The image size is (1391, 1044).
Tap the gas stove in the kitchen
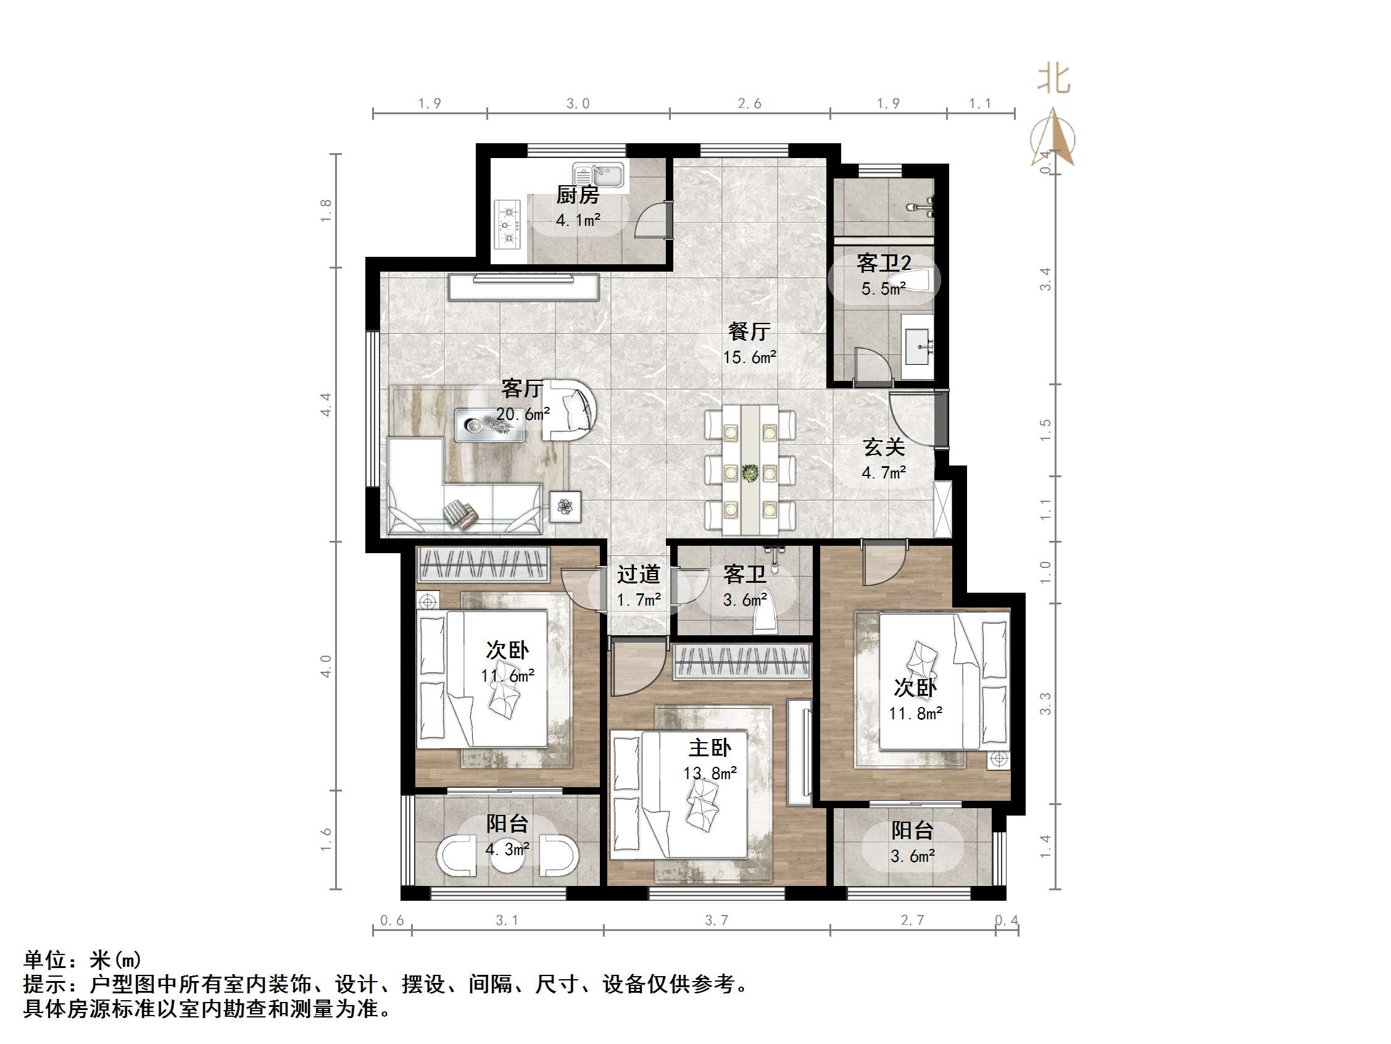[509, 223]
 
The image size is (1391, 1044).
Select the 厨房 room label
[577, 195]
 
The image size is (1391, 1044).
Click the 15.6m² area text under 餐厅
[749, 357]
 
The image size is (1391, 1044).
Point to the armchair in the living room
[570, 409]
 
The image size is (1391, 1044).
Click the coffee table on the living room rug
[490, 425]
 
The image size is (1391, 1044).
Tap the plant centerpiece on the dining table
[750, 472]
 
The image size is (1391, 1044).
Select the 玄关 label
[884, 448]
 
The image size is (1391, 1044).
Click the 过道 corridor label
[638, 574]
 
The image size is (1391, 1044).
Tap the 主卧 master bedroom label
[709, 748]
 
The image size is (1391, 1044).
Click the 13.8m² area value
[710, 773]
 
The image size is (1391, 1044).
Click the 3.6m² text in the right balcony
[913, 856]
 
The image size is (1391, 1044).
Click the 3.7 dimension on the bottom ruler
[716, 921]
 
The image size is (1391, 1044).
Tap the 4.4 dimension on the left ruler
[326, 404]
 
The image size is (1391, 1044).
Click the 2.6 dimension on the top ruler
[749, 104]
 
